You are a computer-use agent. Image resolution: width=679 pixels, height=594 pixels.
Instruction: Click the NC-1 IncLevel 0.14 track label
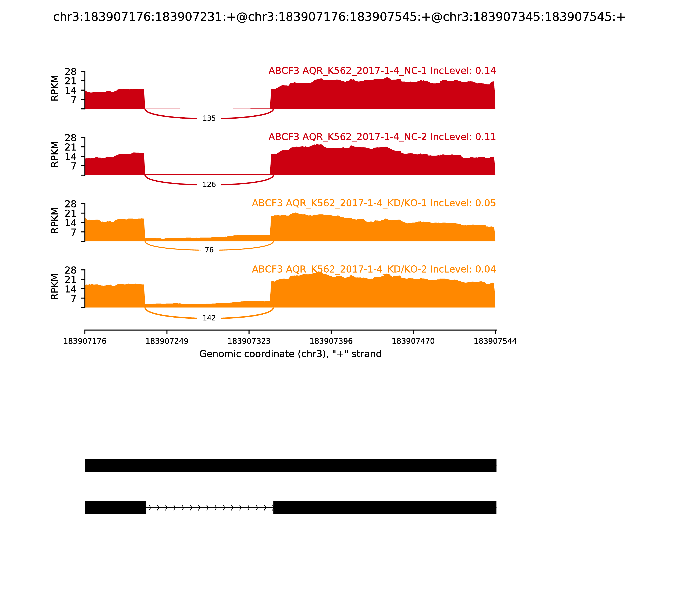pos(382,71)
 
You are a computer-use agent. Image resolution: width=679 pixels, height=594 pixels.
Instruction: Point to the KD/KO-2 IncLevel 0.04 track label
pos(374,269)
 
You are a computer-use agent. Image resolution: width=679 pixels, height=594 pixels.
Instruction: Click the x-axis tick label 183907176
pos(85,341)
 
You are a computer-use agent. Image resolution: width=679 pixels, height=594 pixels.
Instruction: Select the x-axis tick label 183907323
pos(249,341)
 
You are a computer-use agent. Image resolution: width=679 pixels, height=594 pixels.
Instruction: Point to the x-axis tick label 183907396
pos(331,341)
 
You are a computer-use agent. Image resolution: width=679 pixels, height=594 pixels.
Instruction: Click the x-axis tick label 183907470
pos(413,341)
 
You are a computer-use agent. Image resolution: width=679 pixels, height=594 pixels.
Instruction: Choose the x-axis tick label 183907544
pos(495,341)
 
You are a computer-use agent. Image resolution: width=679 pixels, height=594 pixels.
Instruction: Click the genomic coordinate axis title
pos(290,354)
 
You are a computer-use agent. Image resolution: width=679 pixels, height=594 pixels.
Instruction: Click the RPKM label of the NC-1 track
pos(55,88)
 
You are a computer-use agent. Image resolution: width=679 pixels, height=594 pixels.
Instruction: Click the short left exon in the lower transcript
pos(115,507)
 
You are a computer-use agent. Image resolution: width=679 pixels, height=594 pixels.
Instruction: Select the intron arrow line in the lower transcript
pos(210,507)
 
